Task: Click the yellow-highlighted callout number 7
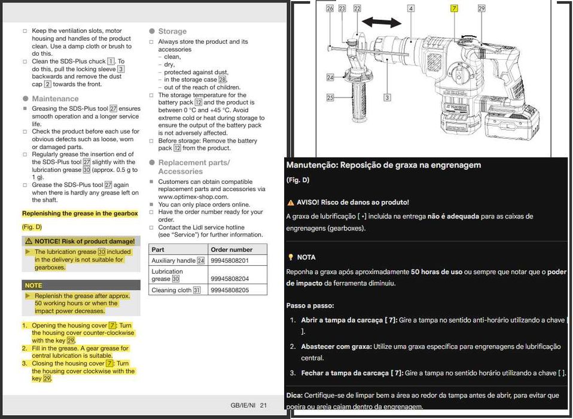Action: click(454, 8)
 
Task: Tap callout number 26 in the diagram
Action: click(330, 8)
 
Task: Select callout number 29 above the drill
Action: click(481, 8)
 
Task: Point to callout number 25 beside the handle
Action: click(330, 97)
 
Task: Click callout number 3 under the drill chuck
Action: click(387, 97)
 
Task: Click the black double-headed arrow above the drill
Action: click(381, 23)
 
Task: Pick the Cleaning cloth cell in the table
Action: click(176, 290)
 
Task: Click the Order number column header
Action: click(231, 250)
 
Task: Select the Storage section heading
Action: click(172, 31)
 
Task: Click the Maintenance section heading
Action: click(55, 99)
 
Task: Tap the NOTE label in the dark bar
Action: click(33, 286)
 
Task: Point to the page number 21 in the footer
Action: click(263, 405)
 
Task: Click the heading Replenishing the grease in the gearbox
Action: click(80, 214)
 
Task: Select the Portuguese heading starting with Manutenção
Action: click(383, 165)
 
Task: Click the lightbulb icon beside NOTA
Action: click(291, 257)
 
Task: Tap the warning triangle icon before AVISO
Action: click(291, 203)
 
